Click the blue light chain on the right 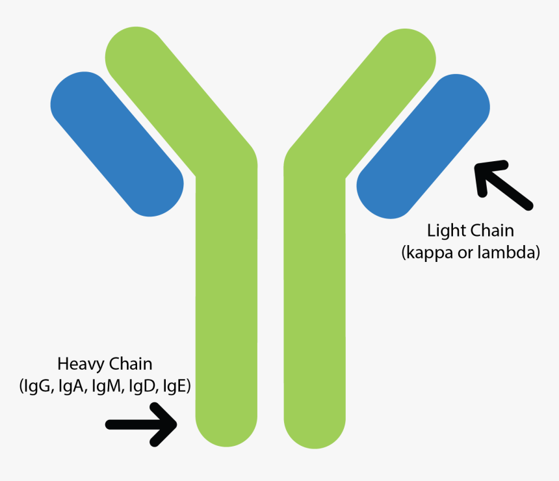tap(422, 146)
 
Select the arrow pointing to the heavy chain tap(142, 424)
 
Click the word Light tap(443, 231)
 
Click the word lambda tap(512, 253)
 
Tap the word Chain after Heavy tap(130, 363)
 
